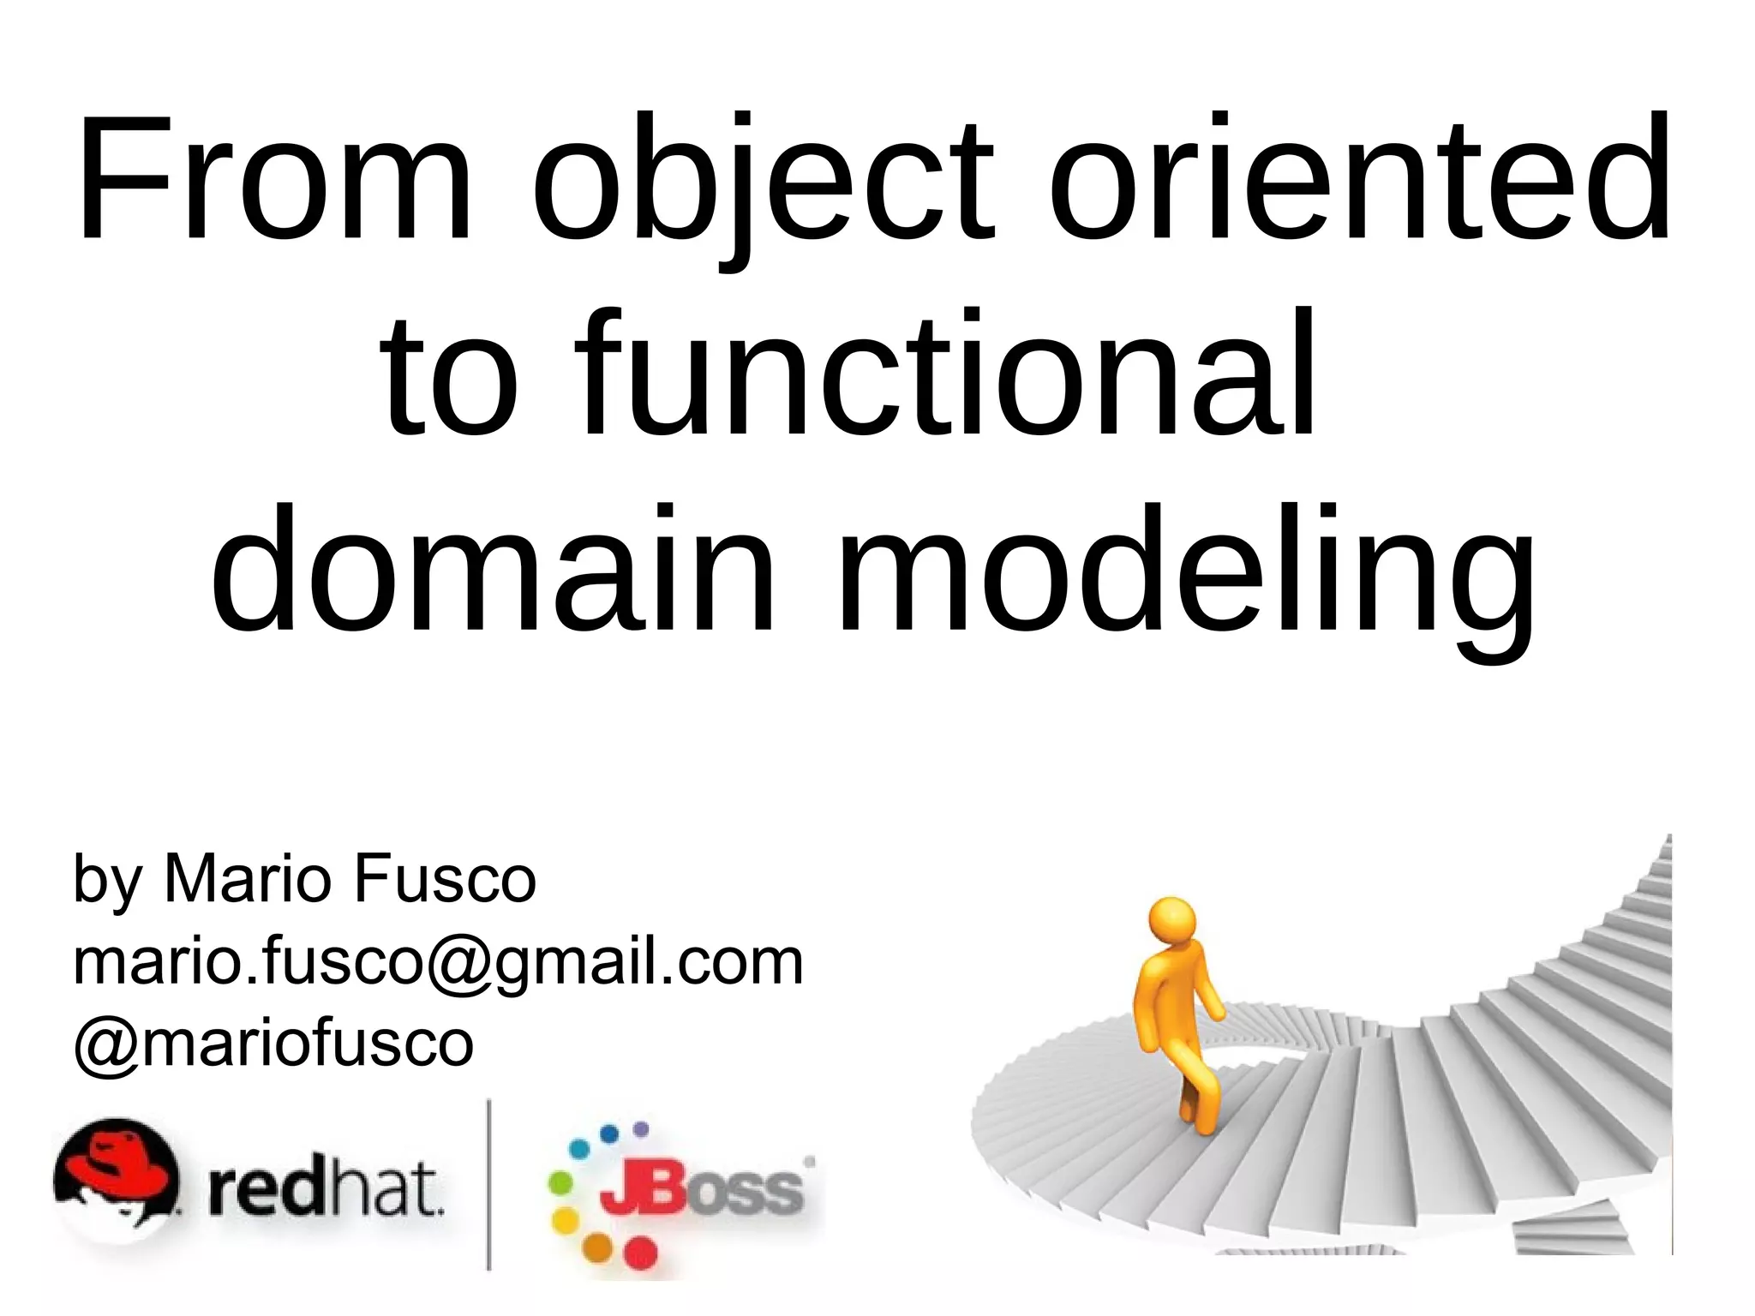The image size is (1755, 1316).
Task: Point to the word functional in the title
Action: click(943, 377)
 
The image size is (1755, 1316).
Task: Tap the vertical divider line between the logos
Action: click(489, 1182)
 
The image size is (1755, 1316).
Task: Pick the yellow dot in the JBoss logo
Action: click(565, 1217)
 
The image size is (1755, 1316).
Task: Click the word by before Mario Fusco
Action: click(107, 881)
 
